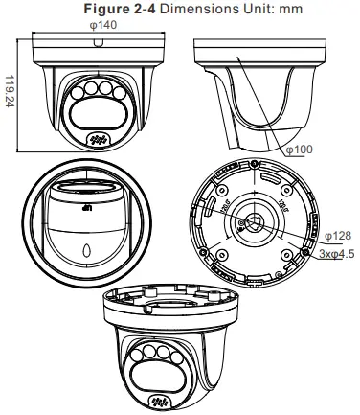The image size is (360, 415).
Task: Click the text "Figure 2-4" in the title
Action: (x=120, y=9)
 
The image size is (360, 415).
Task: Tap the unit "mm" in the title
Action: (x=291, y=9)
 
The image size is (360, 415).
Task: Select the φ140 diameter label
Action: (x=103, y=25)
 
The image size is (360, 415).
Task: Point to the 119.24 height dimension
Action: (x=10, y=91)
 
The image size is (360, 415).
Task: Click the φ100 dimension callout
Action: (x=299, y=150)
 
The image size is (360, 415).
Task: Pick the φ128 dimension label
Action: (x=338, y=236)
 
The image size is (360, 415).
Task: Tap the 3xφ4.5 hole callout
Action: (x=337, y=254)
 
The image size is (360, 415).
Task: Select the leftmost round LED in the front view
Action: (x=78, y=93)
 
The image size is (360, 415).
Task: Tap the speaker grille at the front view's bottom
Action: (x=97, y=140)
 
